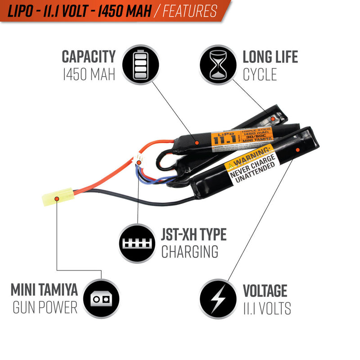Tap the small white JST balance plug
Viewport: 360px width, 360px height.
click(x=138, y=159)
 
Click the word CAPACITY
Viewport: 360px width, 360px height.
click(x=89, y=57)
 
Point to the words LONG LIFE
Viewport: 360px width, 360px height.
click(x=270, y=57)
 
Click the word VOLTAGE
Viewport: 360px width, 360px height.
click(x=265, y=291)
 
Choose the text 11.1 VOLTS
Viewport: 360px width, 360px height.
click(x=267, y=308)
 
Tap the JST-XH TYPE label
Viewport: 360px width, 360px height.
click(x=193, y=235)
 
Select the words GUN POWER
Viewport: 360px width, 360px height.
click(x=45, y=308)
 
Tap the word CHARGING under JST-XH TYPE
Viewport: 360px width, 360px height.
click(x=189, y=252)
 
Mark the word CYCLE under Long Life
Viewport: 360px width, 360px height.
click(x=260, y=74)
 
